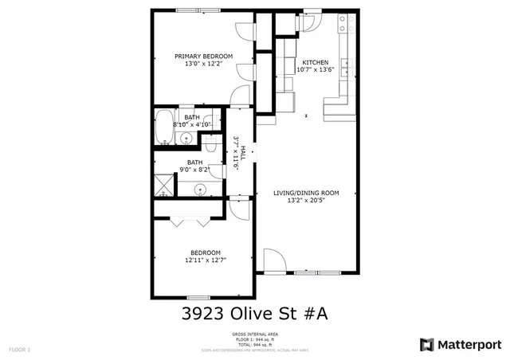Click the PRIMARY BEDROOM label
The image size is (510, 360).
click(x=203, y=56)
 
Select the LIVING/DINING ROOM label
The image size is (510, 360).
click(x=306, y=193)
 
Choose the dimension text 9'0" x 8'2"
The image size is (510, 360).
click(x=194, y=170)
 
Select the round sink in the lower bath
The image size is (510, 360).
click(x=199, y=190)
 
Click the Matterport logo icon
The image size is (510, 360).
click(x=427, y=344)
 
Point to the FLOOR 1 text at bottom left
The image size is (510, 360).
click(x=19, y=350)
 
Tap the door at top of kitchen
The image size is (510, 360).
click(x=308, y=21)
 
